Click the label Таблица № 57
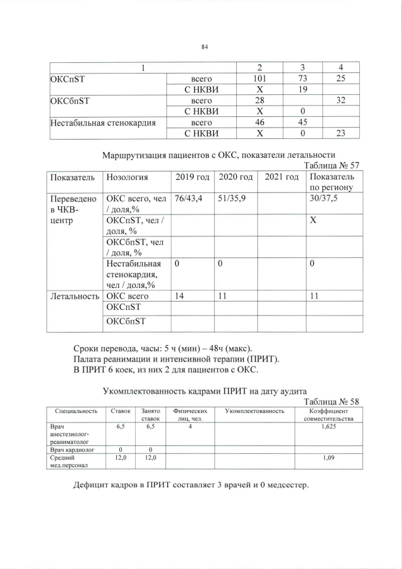[x=331, y=165]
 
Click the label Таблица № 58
[x=331, y=402]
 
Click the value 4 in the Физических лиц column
[x=189, y=426]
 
